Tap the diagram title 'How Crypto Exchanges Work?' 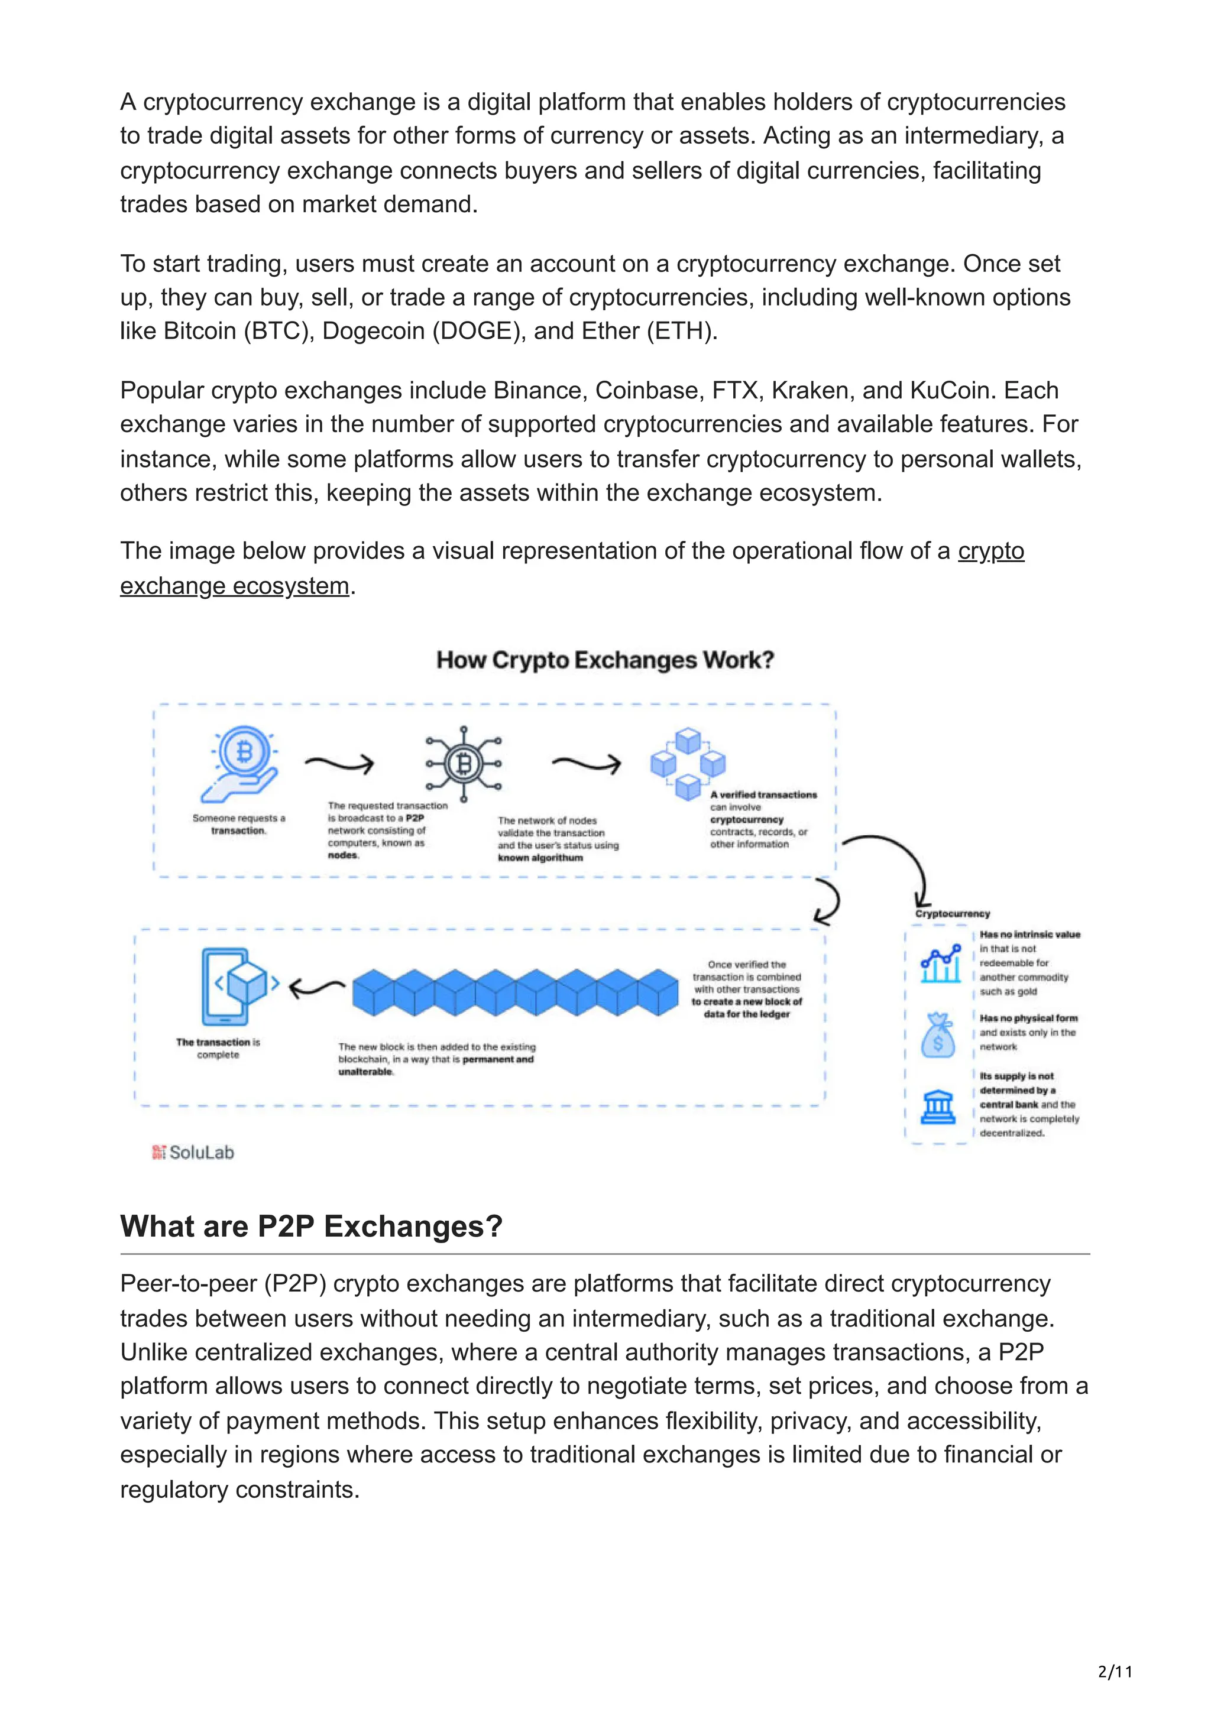tap(605, 660)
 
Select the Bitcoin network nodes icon tap(464, 764)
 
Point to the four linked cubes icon tap(688, 764)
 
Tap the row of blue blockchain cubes tap(516, 992)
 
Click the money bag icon tap(938, 1036)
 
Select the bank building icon tap(938, 1107)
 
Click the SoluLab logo tap(193, 1153)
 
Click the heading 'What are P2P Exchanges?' tap(311, 1227)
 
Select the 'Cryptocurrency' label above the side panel tap(952, 914)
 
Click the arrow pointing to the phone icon tap(316, 988)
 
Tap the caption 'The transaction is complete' tap(218, 1048)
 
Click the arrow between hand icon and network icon tap(339, 763)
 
